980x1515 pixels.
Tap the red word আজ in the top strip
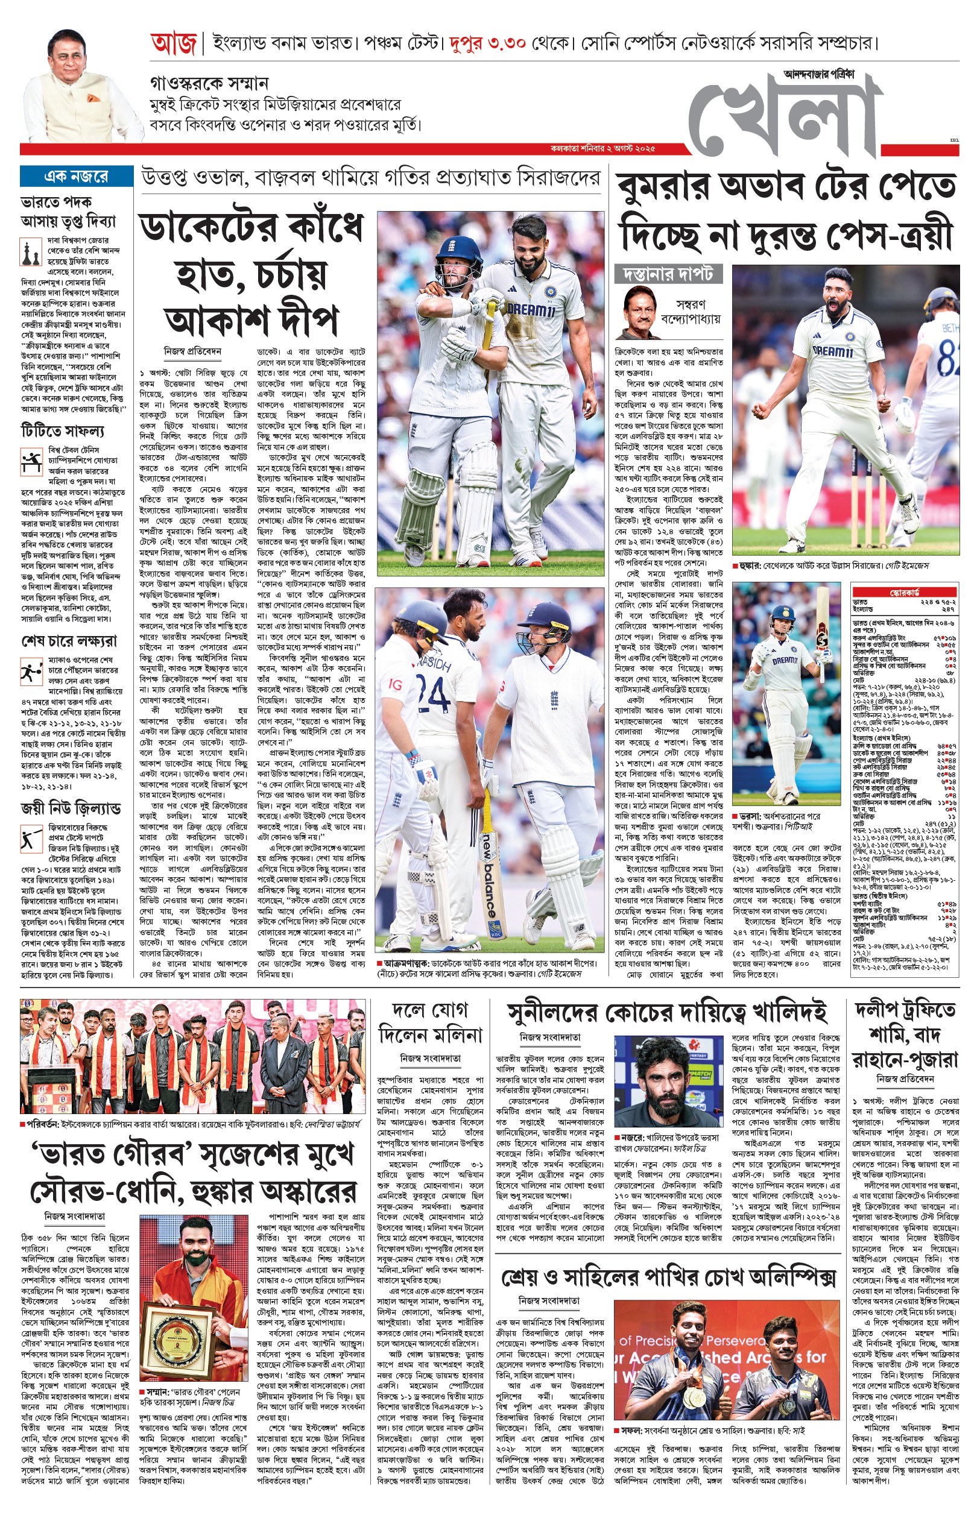(174, 44)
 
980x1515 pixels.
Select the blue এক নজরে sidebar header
(77, 176)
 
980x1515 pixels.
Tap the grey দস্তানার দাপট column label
(668, 274)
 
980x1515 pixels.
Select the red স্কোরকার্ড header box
(904, 593)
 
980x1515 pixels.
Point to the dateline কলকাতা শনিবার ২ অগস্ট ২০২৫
(602, 149)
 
